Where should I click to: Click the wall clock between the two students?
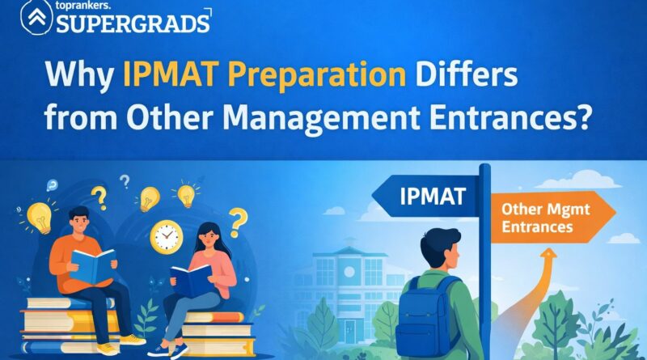[167, 236]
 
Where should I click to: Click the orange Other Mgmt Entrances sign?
[550, 218]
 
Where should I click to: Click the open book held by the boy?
[93, 263]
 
